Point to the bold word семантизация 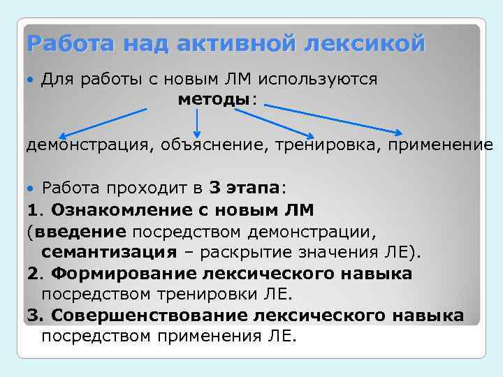[x=109, y=252]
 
